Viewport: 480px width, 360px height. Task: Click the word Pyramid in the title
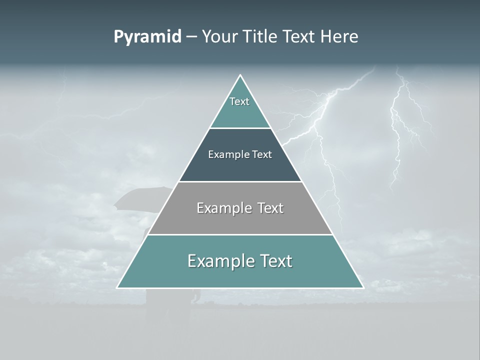coord(147,37)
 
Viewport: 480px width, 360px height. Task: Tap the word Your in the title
coord(219,37)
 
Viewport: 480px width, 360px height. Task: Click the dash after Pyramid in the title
coord(191,37)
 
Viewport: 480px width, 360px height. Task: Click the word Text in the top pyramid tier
coord(239,101)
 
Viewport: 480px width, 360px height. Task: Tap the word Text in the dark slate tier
coord(262,154)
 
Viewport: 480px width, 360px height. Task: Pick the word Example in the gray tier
coord(222,208)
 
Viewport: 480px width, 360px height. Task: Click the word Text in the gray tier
coord(271,208)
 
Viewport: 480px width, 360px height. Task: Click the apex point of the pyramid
coord(240,75)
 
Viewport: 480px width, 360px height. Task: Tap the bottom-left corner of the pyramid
coord(117,288)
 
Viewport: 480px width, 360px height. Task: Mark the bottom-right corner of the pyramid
coord(363,288)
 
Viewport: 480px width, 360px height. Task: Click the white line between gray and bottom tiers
coord(240,234)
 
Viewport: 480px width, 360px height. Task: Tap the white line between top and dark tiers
coord(240,128)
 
